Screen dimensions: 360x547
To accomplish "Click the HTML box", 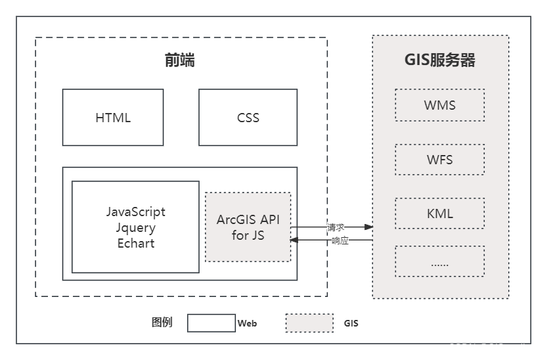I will click(113, 118).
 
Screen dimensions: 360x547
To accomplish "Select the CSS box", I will click(248, 118).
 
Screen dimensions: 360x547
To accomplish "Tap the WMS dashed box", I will click(439, 105).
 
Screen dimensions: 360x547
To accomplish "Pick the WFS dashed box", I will click(439, 160).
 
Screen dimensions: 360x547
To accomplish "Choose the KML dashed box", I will click(439, 214).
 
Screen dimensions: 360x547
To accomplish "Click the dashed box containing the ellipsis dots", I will click(439, 261).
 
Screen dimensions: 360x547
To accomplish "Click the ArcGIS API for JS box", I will click(248, 227).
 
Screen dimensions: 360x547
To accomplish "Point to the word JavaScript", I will click(136, 212).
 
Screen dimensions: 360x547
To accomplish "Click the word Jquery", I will click(136, 227).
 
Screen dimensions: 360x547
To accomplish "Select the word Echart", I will click(136, 243).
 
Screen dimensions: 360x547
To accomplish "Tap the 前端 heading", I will click(179, 61).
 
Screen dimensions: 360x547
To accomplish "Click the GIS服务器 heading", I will click(439, 60).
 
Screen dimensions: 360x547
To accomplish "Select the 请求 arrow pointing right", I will click(332, 227).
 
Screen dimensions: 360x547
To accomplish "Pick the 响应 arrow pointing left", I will click(332, 240).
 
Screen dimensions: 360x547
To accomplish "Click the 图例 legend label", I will click(162, 323).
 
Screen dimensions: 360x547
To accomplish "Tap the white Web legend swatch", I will click(211, 323).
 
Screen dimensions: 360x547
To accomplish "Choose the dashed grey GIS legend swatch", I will click(309, 323).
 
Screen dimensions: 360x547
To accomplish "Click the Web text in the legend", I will click(247, 323).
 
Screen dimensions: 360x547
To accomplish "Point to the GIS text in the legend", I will click(351, 323).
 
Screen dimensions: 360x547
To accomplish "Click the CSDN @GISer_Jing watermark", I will click(492, 348).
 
